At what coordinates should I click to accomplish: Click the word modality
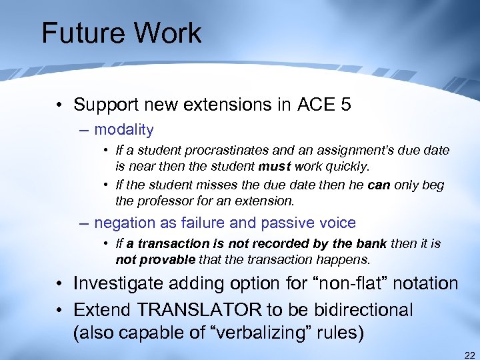[x=124, y=130]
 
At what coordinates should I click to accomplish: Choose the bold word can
[x=379, y=185]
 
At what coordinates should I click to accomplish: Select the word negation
[x=124, y=223]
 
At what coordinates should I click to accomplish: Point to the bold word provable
[x=167, y=259]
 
